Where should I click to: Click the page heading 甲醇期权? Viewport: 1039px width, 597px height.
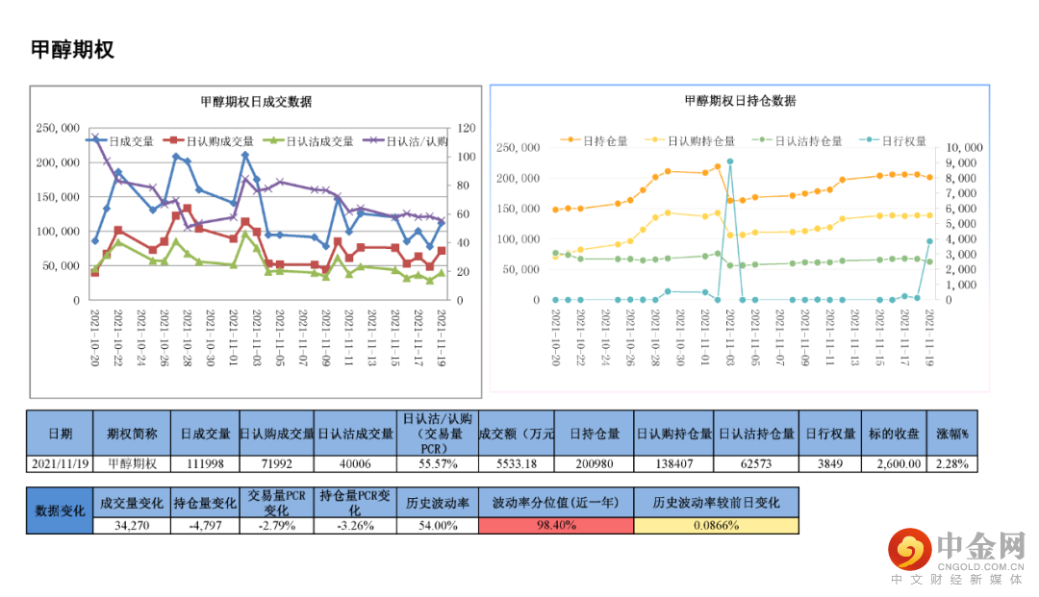72,50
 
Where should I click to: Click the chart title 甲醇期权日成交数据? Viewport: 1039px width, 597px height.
255,102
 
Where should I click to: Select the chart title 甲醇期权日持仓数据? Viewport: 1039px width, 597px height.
740,101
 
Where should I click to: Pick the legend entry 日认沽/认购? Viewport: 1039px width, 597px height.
410,141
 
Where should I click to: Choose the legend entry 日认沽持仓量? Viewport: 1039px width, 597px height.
799,140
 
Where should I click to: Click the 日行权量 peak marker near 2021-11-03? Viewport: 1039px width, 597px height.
730,162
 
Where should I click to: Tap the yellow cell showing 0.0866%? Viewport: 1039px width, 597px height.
716,526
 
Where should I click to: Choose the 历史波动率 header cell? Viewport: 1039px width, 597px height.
437,503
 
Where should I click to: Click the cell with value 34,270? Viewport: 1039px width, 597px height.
131,526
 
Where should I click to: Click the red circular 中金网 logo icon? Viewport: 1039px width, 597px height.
908,550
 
